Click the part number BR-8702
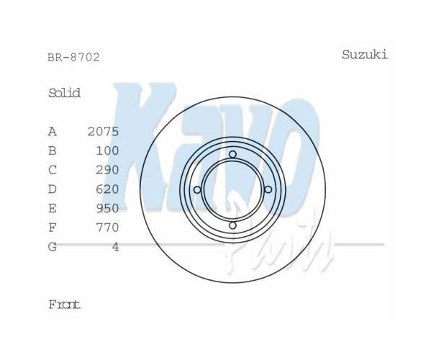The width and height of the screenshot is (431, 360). [73, 58]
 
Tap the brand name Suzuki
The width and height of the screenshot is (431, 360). [365, 55]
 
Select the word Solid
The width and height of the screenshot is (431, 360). [64, 93]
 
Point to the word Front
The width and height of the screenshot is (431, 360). [64, 305]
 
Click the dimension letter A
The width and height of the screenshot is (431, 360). [53, 132]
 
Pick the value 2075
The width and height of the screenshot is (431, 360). [104, 132]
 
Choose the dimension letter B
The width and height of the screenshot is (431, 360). [53, 150]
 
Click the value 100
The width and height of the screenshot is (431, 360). [107, 150]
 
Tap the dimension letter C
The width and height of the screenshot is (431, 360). [53, 170]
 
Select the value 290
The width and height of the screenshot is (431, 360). [107, 170]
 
